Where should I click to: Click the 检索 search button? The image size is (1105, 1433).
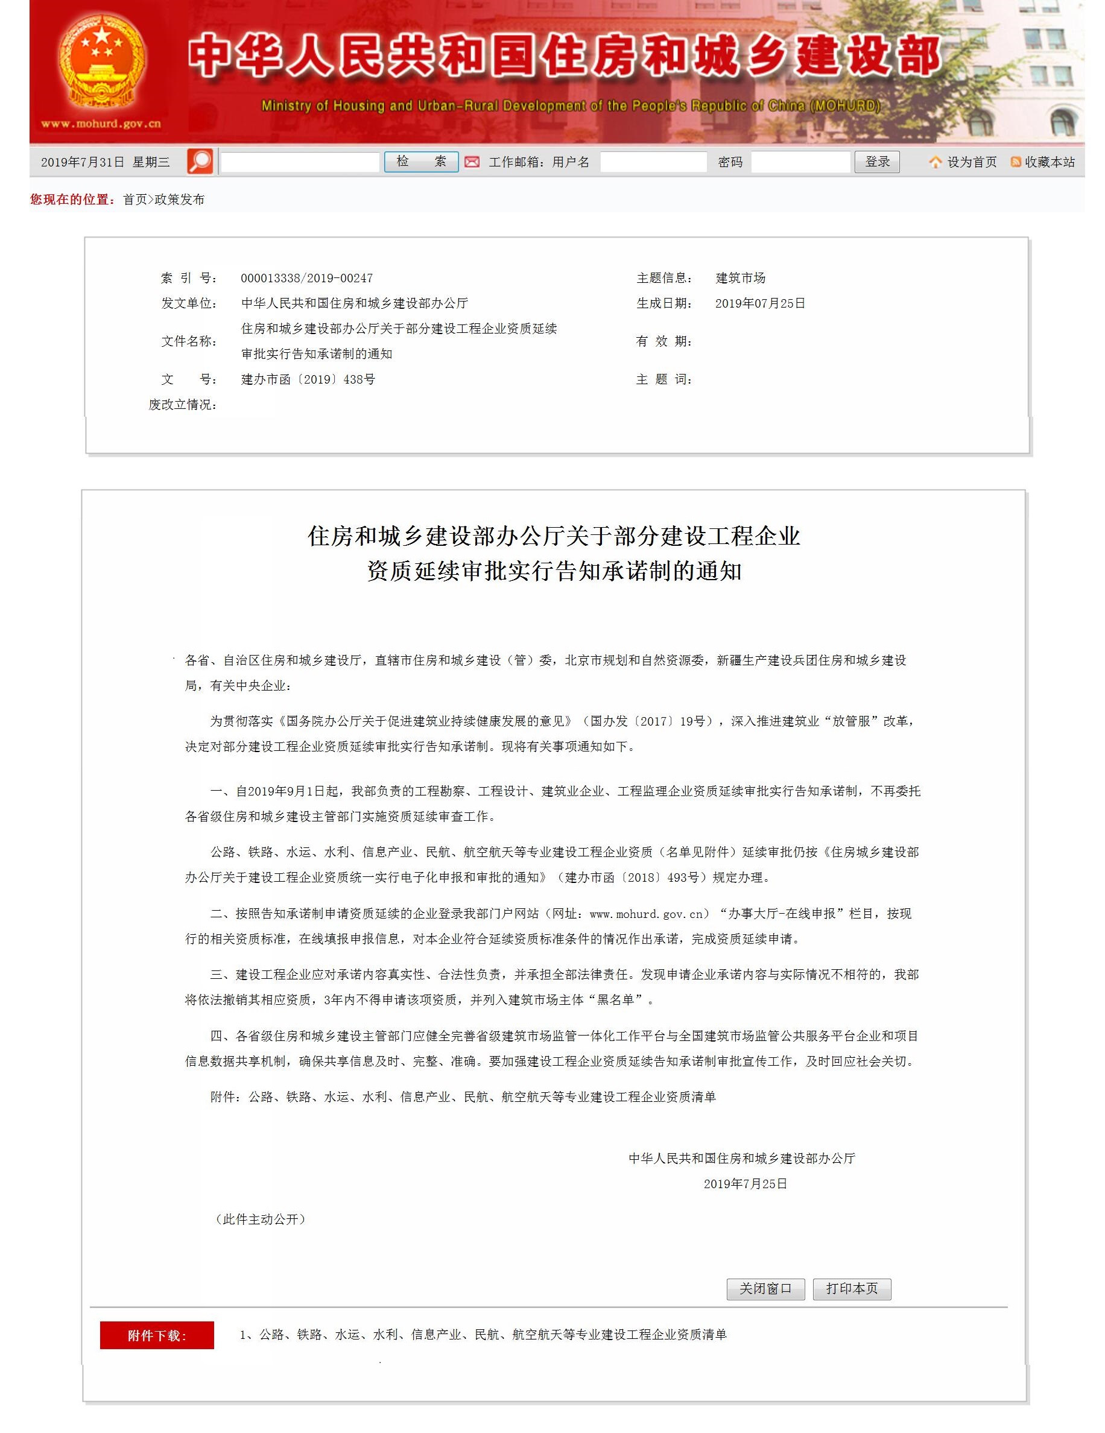point(420,162)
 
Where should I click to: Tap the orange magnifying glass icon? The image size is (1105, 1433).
point(200,162)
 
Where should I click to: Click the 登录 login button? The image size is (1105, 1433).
point(876,162)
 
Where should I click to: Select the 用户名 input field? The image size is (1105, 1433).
point(654,162)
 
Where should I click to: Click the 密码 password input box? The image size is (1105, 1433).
point(800,162)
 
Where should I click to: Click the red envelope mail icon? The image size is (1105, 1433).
point(472,162)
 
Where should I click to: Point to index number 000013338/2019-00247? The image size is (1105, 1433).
point(306,278)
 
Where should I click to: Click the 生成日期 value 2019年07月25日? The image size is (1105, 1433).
point(760,303)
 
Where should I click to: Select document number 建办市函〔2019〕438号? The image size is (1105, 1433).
point(308,379)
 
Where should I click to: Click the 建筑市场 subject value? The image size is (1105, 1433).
point(740,278)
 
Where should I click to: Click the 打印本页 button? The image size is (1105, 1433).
point(851,1289)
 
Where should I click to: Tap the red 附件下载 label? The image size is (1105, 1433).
point(157,1335)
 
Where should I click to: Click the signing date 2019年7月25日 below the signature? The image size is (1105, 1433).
point(745,1184)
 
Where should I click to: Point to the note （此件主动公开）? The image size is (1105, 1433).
point(261,1219)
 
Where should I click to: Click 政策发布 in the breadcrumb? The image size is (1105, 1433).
point(179,200)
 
